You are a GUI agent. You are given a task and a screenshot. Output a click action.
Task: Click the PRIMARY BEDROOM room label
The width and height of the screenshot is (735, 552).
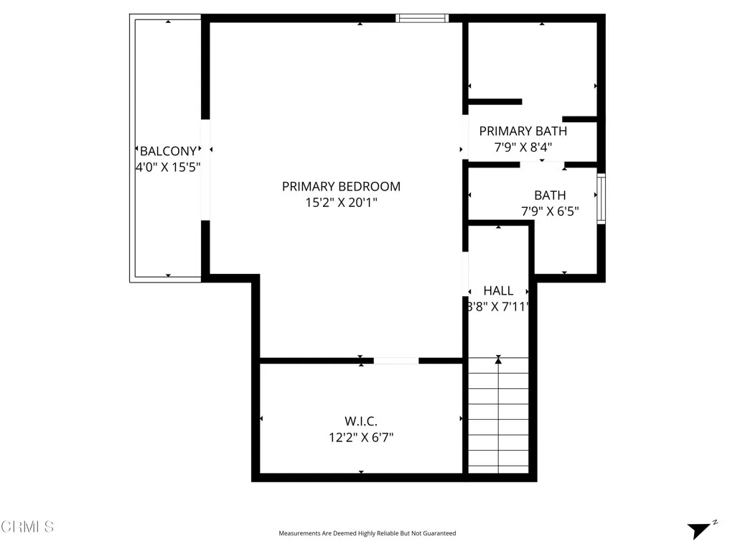[x=341, y=186]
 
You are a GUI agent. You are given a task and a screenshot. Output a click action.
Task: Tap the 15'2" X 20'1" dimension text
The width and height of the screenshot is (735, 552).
[x=341, y=203]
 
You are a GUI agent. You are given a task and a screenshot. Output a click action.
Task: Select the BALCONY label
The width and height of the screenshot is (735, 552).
[x=168, y=151]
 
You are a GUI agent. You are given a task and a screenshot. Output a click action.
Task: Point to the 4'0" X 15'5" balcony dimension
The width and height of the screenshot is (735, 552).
[x=168, y=167]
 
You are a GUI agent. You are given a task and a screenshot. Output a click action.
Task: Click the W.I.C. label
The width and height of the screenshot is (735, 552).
[x=361, y=420]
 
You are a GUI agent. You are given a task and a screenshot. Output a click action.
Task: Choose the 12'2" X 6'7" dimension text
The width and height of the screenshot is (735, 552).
[x=361, y=436]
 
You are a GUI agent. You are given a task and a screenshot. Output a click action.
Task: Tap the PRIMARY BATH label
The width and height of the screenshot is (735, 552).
[x=523, y=131]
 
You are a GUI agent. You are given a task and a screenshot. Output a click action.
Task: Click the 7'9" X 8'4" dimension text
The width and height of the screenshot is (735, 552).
[x=523, y=147]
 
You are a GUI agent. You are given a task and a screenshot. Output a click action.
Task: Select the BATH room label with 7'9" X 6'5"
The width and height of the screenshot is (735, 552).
[x=550, y=195]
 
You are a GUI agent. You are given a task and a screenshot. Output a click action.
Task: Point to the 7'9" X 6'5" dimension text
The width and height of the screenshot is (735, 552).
[x=550, y=211]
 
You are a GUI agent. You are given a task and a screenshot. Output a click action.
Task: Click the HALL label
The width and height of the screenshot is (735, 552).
[x=498, y=290]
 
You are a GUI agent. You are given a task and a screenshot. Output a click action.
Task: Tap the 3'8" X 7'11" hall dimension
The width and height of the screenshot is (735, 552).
[x=498, y=306]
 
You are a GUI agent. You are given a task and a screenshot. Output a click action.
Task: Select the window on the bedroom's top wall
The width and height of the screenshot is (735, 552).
[x=422, y=18]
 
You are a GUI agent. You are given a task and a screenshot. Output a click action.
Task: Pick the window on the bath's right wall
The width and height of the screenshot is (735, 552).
[x=601, y=198]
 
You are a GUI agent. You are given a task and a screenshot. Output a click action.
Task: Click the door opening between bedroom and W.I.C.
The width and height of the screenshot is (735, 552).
[x=395, y=361]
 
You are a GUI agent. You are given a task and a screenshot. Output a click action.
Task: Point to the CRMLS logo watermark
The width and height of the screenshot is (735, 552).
[x=27, y=527]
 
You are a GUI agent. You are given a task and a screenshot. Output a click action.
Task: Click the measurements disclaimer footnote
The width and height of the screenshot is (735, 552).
[x=367, y=533]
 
